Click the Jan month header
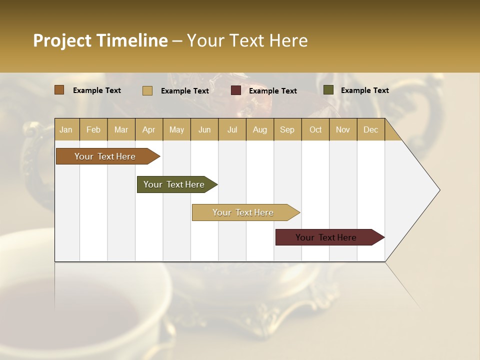(x=66, y=129)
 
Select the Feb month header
(x=93, y=129)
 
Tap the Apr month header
(x=149, y=129)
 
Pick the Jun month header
(x=204, y=129)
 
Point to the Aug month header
(x=260, y=129)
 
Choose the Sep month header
(x=287, y=129)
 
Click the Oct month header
(x=315, y=129)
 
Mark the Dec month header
(x=371, y=129)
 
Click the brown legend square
(x=59, y=90)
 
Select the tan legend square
(x=147, y=90)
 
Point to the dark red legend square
(x=236, y=90)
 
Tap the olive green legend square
(x=328, y=90)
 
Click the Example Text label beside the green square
(x=365, y=90)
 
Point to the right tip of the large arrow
(x=439, y=190)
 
